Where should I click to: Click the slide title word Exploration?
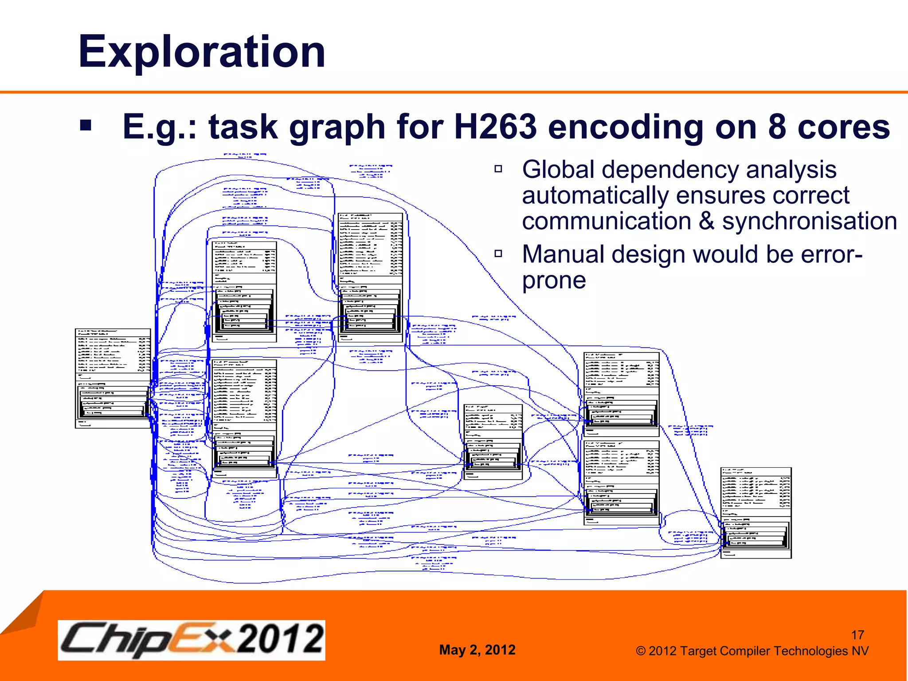pyautogui.click(x=202, y=52)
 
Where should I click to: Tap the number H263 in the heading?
pyautogui.click(x=495, y=127)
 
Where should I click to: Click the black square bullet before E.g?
pyautogui.click(x=86, y=125)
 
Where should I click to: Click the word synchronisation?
pyautogui.click(x=809, y=221)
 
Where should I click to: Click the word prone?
pyautogui.click(x=554, y=281)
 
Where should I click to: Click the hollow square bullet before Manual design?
pyautogui.click(x=498, y=254)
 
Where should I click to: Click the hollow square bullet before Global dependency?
pyautogui.click(x=498, y=169)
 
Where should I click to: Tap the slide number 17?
pyautogui.click(x=857, y=635)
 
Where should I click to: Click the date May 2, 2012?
pyautogui.click(x=477, y=650)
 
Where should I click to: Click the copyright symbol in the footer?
pyautogui.click(x=640, y=651)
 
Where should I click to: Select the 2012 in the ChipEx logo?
pyautogui.click(x=280, y=639)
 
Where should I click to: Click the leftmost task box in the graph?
pyautogui.click(x=113, y=378)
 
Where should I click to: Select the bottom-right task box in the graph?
pyautogui.click(x=755, y=513)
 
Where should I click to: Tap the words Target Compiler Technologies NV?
pyautogui.click(x=774, y=651)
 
